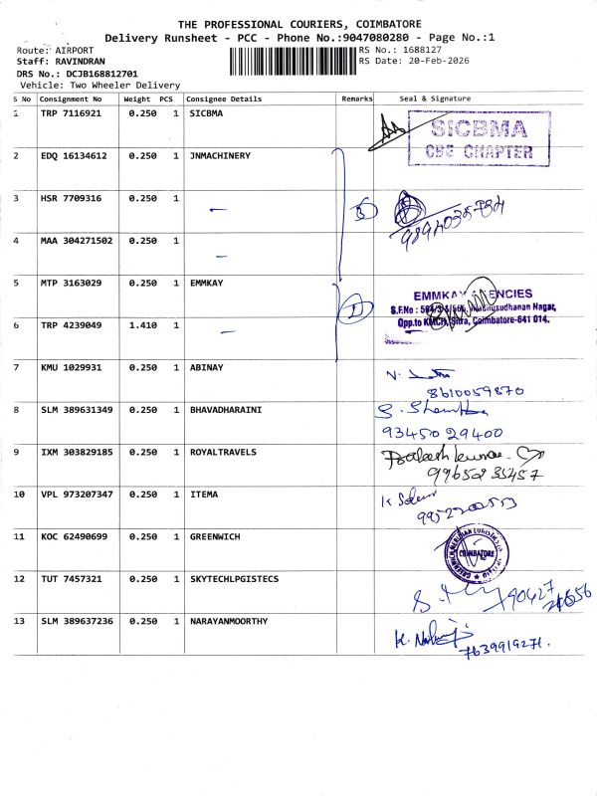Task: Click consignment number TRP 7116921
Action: click(x=72, y=114)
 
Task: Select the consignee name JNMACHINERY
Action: click(x=220, y=156)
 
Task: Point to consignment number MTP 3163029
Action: click(x=72, y=284)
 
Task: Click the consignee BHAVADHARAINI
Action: click(x=226, y=410)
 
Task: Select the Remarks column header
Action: click(x=356, y=99)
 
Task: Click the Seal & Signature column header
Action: click(x=435, y=99)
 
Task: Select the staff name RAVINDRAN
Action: click(x=80, y=61)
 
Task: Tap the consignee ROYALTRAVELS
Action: click(x=223, y=452)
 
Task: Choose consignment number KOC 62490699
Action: click(x=73, y=536)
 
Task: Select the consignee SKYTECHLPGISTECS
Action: click(x=235, y=578)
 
